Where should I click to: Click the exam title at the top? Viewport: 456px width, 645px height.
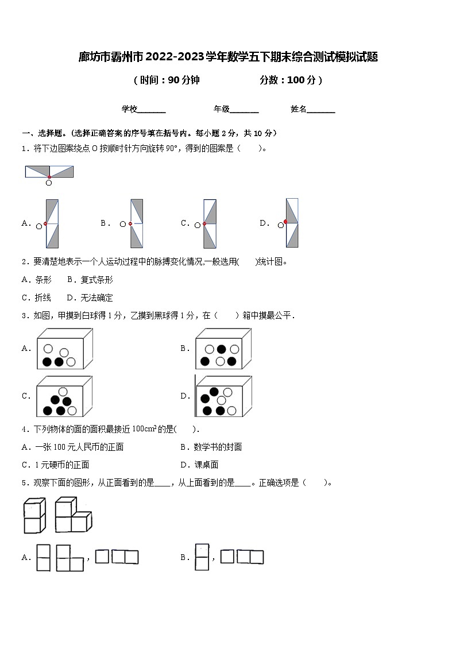228,57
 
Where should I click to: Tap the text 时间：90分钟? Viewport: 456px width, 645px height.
167,80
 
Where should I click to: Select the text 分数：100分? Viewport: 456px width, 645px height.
290,80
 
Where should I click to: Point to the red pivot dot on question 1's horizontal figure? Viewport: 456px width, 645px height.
49,177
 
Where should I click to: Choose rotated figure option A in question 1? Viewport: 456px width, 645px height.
52,223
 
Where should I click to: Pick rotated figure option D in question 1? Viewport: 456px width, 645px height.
292,223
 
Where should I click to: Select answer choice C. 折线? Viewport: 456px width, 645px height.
36,298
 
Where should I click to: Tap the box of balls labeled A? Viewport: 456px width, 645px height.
64,349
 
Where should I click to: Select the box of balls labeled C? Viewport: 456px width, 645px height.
64,396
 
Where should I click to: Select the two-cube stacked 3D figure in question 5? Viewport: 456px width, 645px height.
34,516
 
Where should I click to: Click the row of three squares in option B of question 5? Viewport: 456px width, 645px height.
242,557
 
